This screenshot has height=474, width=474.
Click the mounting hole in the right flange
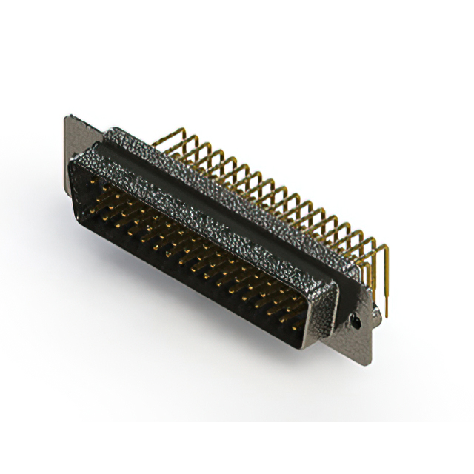tap(356, 323)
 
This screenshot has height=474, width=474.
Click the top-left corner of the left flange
tap(68, 116)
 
